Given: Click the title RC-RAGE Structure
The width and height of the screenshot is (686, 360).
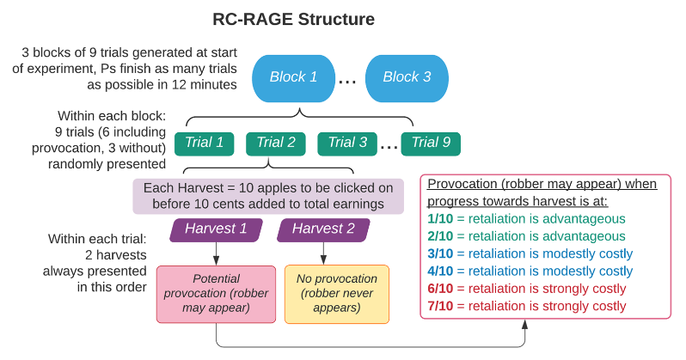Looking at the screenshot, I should coord(293,18).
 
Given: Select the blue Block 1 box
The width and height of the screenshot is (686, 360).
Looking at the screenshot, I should coord(293,77).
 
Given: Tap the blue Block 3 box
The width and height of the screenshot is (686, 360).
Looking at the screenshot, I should coord(407,77).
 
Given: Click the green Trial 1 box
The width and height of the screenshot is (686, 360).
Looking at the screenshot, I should coord(204,143).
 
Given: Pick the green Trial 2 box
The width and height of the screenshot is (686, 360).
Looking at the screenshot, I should coord(275,143).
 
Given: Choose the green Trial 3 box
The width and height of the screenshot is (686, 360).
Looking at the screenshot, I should coord(346,143).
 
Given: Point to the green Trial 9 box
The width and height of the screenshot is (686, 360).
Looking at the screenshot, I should coord(431,143).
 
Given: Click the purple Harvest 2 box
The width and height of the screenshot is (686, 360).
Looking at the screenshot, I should coord(323,229).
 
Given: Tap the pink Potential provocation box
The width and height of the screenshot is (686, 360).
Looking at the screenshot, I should coord(216,293).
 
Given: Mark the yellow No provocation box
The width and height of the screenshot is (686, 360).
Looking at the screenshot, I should coord(336,293).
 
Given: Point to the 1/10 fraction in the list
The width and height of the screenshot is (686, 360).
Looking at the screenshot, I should coord(442,219).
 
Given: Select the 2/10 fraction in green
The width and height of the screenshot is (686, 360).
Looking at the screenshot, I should coord(442,236).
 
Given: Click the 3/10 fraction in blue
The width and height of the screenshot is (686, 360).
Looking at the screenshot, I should coord(442,253).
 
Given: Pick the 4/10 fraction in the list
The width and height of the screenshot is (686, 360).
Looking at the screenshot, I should coord(442,271).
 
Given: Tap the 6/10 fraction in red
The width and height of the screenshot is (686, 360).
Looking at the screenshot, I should coord(442,289).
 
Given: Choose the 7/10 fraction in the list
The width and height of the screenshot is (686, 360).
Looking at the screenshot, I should coord(442,306).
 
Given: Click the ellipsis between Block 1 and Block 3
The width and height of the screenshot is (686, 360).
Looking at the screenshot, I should coord(347,81).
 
